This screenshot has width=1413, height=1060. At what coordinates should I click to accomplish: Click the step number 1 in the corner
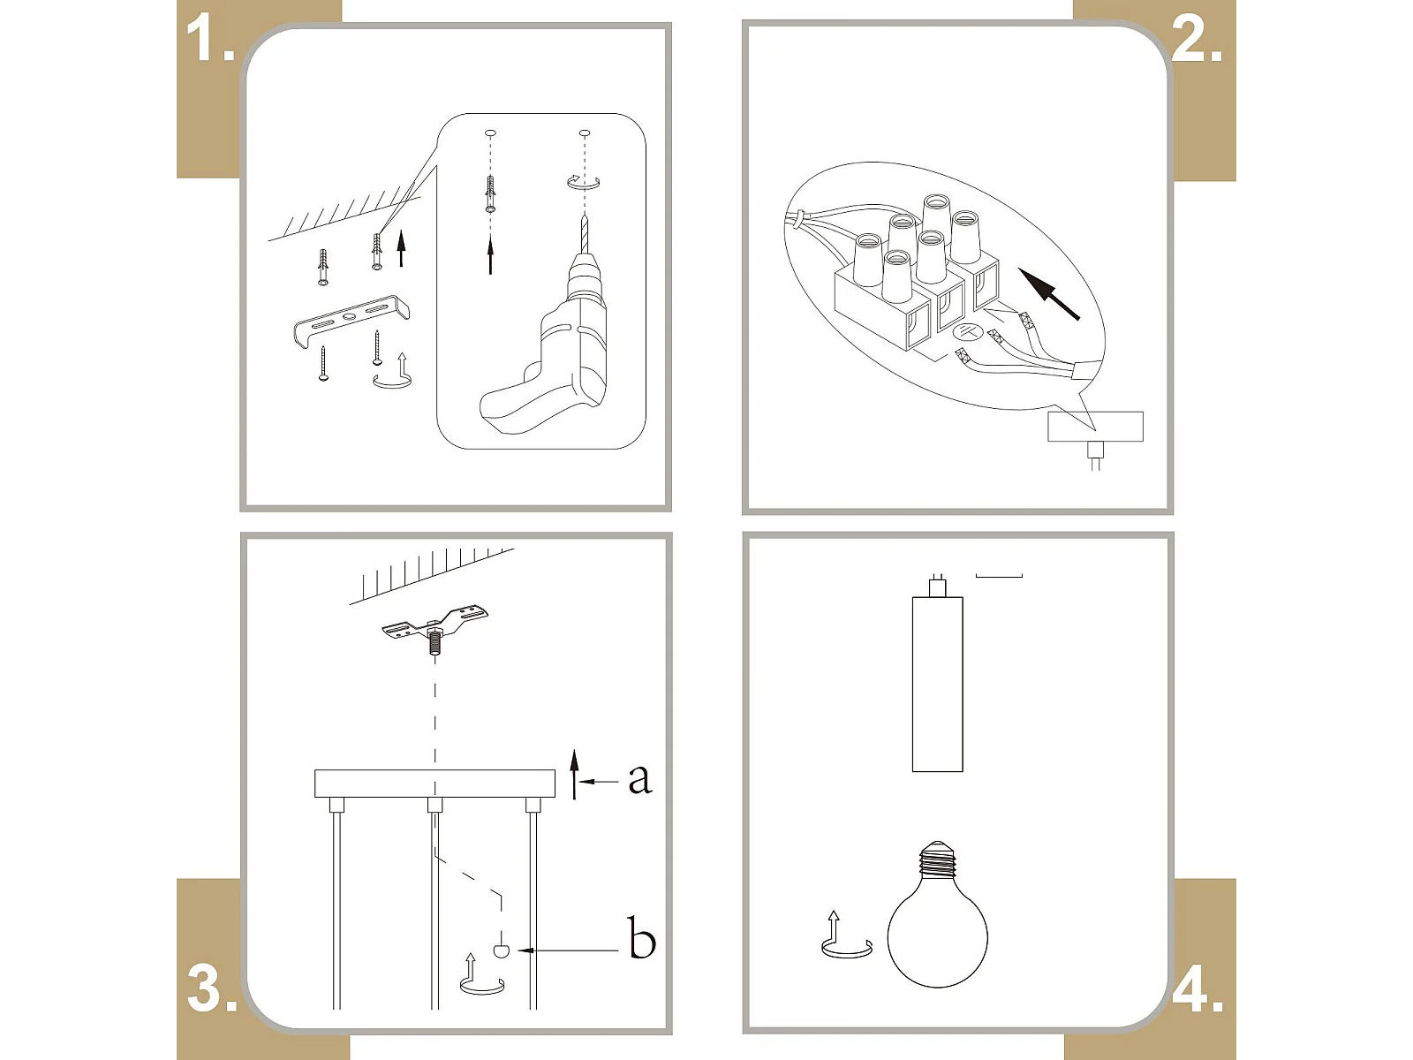[210, 39]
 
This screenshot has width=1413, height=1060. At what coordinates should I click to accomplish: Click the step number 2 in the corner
[1197, 39]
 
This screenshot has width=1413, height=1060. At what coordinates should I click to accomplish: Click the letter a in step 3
[639, 780]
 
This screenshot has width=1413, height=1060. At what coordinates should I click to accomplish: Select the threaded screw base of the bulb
[937, 860]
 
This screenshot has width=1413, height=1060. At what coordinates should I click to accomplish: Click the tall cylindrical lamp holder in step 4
[937, 684]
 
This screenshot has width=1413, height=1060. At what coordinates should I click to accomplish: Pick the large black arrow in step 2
[1048, 294]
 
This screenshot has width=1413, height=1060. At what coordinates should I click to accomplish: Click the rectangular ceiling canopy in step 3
[434, 784]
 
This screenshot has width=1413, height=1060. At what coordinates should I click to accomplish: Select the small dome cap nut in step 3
[501, 950]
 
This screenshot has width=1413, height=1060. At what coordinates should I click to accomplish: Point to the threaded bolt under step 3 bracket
[435, 641]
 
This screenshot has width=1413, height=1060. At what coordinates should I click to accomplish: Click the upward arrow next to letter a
[574, 775]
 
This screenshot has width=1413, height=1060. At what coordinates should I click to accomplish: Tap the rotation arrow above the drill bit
[583, 182]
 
